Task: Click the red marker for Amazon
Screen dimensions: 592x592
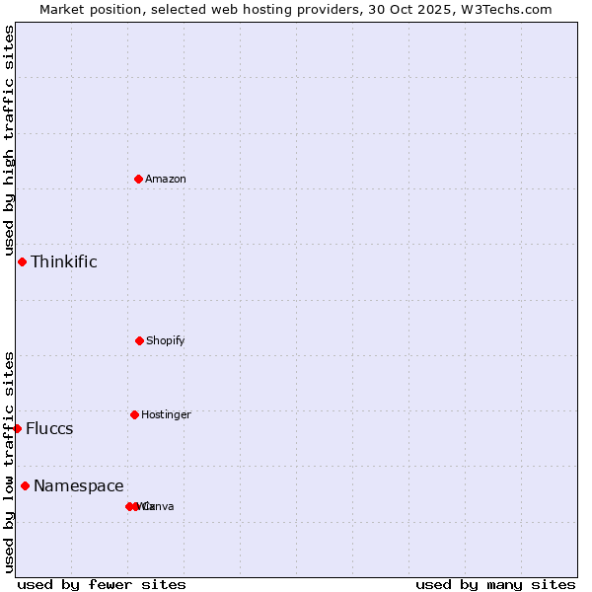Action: click(x=138, y=179)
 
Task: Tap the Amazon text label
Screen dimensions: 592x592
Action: click(x=165, y=179)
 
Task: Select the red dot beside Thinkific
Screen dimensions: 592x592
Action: click(x=22, y=261)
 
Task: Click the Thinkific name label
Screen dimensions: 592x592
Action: click(x=63, y=261)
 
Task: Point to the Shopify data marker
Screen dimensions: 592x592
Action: click(x=139, y=340)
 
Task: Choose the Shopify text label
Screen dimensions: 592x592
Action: click(x=165, y=340)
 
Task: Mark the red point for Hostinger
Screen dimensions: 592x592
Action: click(x=134, y=414)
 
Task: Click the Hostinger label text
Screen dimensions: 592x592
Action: click(x=165, y=414)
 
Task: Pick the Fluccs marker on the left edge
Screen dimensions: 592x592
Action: click(x=18, y=428)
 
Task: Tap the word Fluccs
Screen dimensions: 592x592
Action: click(x=49, y=428)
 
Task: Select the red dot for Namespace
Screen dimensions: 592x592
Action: click(x=25, y=485)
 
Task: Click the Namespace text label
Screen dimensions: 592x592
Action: click(x=78, y=485)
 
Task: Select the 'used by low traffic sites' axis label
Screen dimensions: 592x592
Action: click(x=9, y=461)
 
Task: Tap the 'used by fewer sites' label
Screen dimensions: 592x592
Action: click(x=102, y=584)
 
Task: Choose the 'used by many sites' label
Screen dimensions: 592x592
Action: click(x=495, y=584)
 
